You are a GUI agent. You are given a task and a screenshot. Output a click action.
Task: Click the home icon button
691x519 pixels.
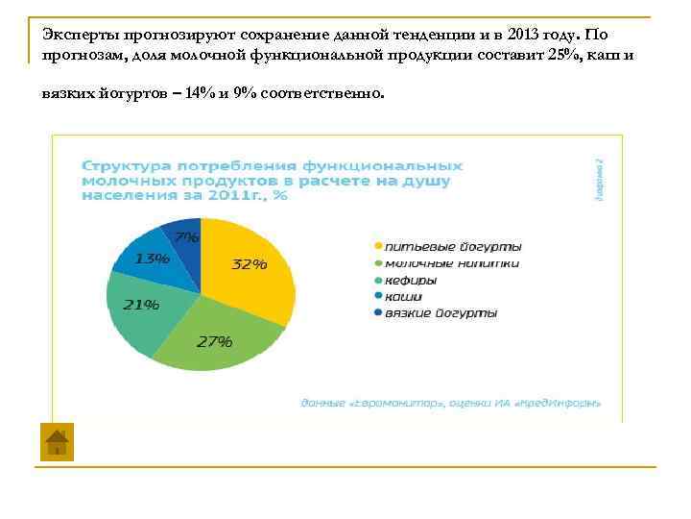57,442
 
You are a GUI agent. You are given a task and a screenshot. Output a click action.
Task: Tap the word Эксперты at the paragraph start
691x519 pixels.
76,34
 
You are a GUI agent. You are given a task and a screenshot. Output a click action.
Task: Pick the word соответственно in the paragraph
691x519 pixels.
325,94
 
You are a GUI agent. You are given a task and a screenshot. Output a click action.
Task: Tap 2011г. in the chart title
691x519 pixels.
240,195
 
